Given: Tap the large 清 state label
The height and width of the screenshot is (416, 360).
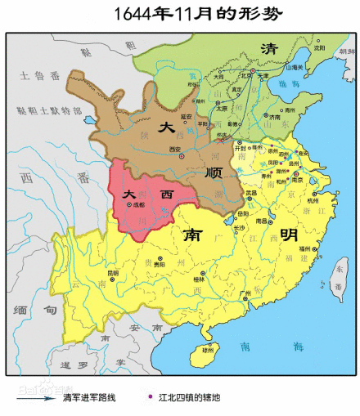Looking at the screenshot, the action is (267, 49).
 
